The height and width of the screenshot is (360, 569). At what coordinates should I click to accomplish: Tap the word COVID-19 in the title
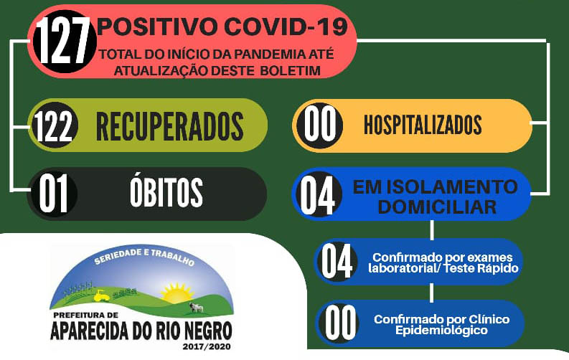point(286,27)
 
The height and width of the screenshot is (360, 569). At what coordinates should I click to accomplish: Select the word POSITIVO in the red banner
point(158,27)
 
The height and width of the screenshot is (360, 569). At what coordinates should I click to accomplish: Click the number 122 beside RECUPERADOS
point(53,125)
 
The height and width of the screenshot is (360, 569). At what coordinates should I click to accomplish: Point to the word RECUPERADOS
point(169,126)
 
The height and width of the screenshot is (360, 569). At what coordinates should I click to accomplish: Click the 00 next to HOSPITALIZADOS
point(320,124)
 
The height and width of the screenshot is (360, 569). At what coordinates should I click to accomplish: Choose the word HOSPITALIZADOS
point(423,125)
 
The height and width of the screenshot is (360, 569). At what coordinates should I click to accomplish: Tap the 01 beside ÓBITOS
point(53,193)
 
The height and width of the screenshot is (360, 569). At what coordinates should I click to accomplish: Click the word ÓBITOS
point(166,191)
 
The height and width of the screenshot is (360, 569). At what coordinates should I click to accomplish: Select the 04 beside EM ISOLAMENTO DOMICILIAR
point(318,196)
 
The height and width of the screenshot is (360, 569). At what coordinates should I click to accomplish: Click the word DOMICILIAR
point(437,207)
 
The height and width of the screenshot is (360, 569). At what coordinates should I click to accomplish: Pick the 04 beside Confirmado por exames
point(337,261)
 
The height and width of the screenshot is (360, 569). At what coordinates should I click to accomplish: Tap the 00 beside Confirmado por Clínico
point(340,322)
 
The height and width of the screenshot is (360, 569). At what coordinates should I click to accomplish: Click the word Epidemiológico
point(441,331)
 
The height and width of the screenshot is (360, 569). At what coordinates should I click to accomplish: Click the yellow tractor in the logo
point(102,295)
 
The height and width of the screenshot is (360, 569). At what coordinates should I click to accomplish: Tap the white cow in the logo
point(197,308)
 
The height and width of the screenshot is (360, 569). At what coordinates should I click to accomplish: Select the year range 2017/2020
point(207,346)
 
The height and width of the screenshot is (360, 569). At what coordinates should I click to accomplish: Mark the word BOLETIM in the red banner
point(290,70)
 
